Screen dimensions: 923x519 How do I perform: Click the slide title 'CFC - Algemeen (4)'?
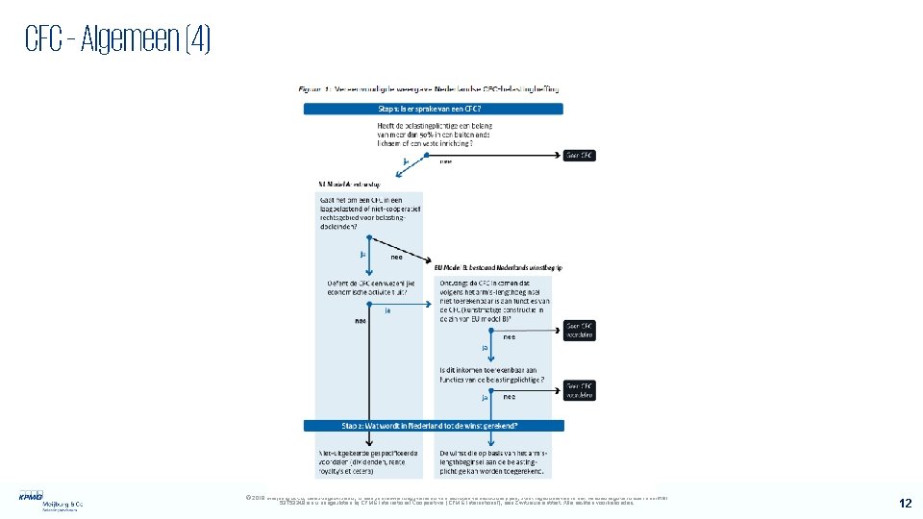(x=117, y=40)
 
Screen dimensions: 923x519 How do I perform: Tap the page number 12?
(x=905, y=503)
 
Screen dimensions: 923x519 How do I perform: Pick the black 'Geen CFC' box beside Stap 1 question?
(x=580, y=155)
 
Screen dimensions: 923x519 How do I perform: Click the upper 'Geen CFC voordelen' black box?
(x=580, y=329)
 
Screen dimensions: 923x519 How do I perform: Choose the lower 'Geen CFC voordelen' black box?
(x=580, y=389)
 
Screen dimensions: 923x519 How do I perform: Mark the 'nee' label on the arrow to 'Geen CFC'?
(x=446, y=161)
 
